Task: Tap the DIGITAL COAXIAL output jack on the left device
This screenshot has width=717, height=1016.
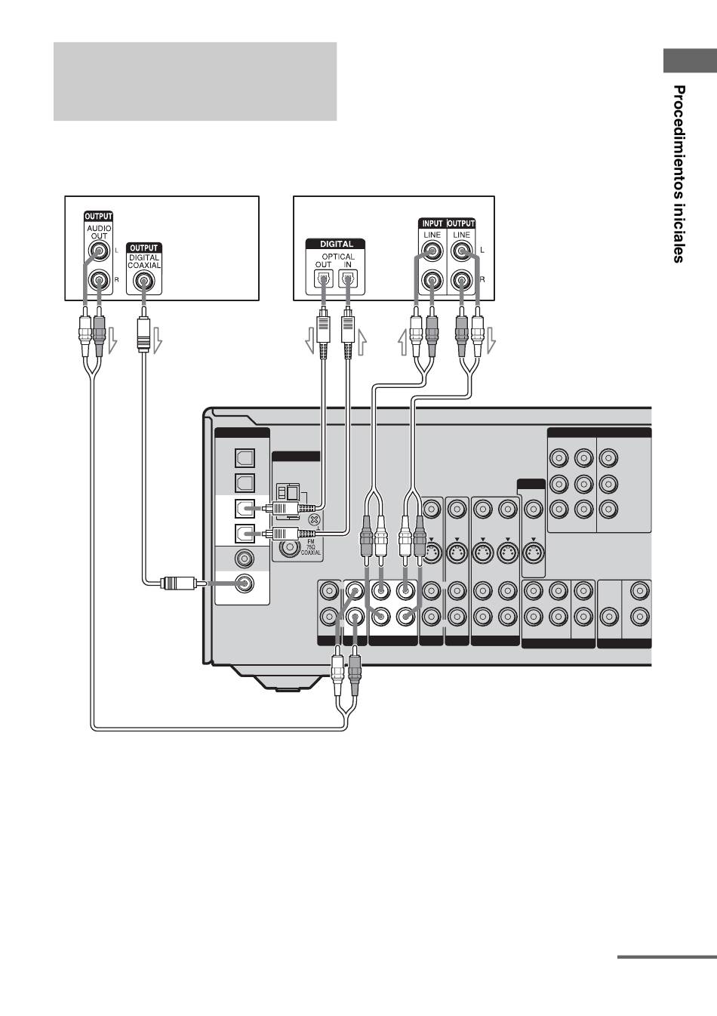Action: [x=143, y=282]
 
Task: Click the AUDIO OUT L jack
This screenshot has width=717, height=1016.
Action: [x=99, y=251]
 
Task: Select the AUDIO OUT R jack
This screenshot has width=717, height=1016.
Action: [x=99, y=282]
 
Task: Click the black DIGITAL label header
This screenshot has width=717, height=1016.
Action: [x=336, y=244]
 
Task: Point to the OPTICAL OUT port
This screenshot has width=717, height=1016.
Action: [x=323, y=279]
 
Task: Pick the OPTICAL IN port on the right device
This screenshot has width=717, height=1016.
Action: [x=348, y=279]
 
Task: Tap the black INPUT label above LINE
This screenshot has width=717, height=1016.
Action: [x=432, y=223]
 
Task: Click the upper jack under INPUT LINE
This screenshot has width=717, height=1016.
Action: [x=432, y=251]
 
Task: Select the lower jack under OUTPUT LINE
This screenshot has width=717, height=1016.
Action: [x=461, y=282]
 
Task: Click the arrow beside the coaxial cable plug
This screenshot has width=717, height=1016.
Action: [x=157, y=341]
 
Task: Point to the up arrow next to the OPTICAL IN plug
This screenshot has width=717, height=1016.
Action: [x=362, y=341]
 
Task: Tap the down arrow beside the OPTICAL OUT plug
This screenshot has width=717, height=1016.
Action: [x=310, y=341]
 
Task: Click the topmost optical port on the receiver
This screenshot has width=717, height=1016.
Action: [x=245, y=457]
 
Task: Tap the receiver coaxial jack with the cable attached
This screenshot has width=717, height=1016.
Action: [x=245, y=583]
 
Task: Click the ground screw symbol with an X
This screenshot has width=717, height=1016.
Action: [x=314, y=520]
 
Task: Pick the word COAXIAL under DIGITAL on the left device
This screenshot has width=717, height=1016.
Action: [x=143, y=266]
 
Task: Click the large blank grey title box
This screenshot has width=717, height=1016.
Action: [x=195, y=82]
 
